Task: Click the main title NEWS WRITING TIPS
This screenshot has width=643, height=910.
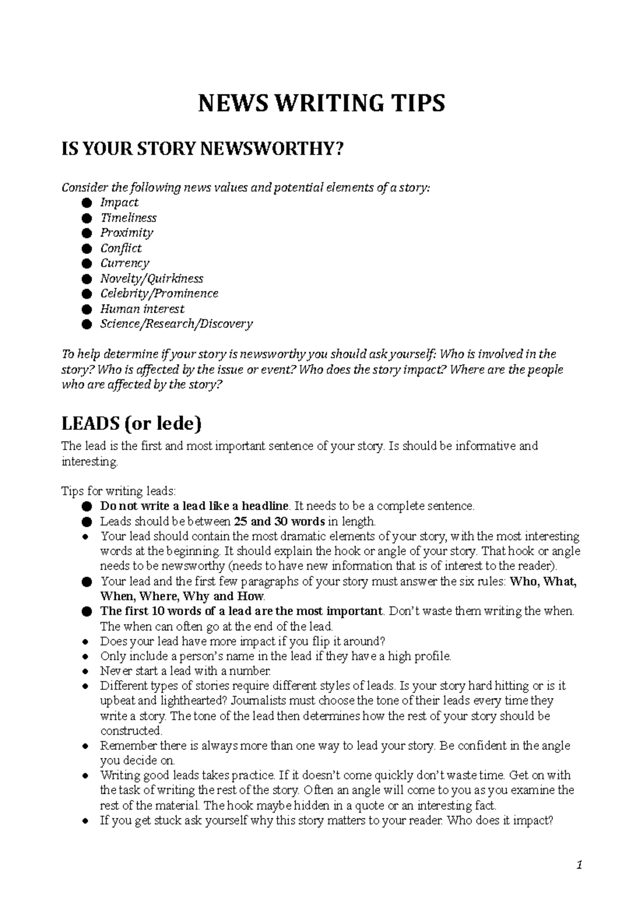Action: (x=322, y=103)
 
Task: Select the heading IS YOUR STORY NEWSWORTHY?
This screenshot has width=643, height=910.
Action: (x=201, y=150)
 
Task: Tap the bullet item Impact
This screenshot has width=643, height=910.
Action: (x=119, y=203)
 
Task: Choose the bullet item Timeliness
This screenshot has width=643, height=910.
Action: (x=128, y=218)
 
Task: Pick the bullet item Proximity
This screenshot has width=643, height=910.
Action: (x=126, y=233)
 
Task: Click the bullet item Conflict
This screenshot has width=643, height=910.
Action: (x=121, y=248)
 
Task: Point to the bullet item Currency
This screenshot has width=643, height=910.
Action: (x=124, y=263)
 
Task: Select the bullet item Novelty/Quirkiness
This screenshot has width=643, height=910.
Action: (x=152, y=279)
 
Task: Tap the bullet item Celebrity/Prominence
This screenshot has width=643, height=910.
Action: (x=159, y=294)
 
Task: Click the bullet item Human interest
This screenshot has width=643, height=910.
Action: (x=142, y=309)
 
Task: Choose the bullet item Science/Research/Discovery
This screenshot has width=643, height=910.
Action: (x=176, y=324)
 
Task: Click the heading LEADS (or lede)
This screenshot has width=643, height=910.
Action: (x=132, y=424)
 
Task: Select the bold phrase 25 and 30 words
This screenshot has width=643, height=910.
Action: (x=280, y=521)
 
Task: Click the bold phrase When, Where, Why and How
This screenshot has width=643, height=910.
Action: (x=182, y=596)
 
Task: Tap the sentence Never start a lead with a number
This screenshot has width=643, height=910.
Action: (x=186, y=671)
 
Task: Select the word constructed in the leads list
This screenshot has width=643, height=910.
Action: (x=131, y=731)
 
